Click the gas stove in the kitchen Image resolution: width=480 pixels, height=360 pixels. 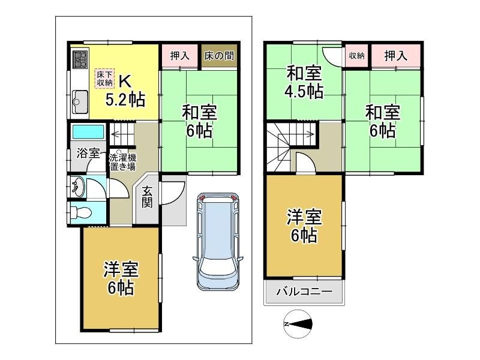[x=80, y=59]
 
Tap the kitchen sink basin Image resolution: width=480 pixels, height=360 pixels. [x=80, y=101]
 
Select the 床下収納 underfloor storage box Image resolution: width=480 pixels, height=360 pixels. [x=104, y=79]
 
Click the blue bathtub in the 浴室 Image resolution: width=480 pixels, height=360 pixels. [x=88, y=131]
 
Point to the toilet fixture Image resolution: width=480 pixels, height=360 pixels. [x=81, y=212]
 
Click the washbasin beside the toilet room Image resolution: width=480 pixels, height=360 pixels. [x=78, y=187]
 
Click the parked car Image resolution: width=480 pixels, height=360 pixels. [x=218, y=242]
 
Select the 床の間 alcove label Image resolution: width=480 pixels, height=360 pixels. [x=219, y=56]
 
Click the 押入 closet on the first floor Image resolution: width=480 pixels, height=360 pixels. [x=179, y=56]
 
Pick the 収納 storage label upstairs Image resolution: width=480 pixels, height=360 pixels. [x=356, y=56]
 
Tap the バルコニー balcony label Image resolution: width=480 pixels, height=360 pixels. [x=305, y=291]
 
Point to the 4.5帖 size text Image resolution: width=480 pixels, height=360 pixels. [x=304, y=91]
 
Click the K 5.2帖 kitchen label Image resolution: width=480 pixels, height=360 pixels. [x=125, y=91]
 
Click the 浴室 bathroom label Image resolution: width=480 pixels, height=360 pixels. [x=88, y=153]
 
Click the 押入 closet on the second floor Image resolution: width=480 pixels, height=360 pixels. [x=396, y=56]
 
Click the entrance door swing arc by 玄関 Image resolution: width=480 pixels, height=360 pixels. [x=178, y=196]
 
